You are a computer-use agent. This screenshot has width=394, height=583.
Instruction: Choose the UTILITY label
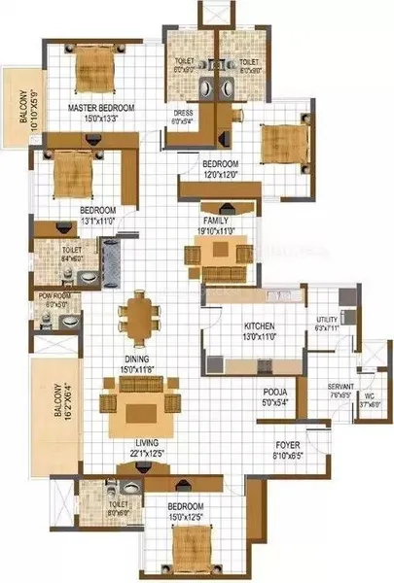326,320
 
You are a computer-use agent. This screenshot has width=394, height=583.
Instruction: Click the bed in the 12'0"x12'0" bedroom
282,144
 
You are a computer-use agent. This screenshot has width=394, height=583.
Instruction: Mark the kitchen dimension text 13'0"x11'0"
238,335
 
